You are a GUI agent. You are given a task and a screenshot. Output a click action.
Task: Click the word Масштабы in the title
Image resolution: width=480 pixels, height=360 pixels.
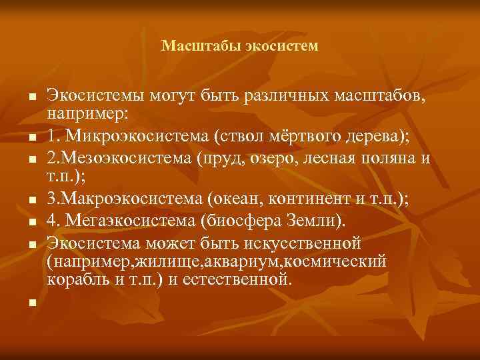(192, 47)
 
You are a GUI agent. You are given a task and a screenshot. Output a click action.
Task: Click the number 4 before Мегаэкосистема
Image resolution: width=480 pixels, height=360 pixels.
(52, 219)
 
